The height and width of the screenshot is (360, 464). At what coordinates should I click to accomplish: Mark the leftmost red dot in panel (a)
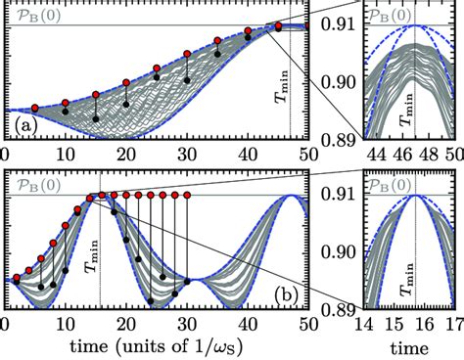[x=35, y=107]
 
